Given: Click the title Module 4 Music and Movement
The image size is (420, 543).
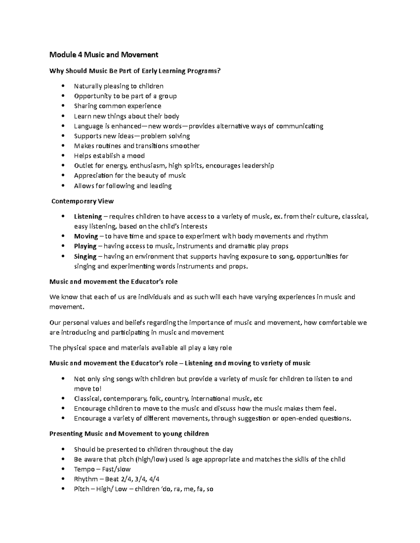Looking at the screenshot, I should pyautogui.click(x=104, y=55).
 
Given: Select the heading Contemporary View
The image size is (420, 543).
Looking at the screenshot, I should pyautogui.click(x=82, y=201).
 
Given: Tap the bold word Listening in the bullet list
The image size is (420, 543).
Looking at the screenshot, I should pyautogui.click(x=88, y=216).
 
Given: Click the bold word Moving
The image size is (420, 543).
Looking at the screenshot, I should pyautogui.click(x=86, y=236).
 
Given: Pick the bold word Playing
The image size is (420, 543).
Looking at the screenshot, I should pyautogui.click(x=85, y=246).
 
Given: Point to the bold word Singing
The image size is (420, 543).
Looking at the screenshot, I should pyautogui.click(x=85, y=256).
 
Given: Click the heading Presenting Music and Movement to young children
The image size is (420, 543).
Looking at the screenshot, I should pyautogui.click(x=129, y=434).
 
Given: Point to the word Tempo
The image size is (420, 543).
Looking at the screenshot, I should pyautogui.click(x=84, y=469).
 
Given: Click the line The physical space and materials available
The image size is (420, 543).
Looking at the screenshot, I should pyautogui.click(x=141, y=348).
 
